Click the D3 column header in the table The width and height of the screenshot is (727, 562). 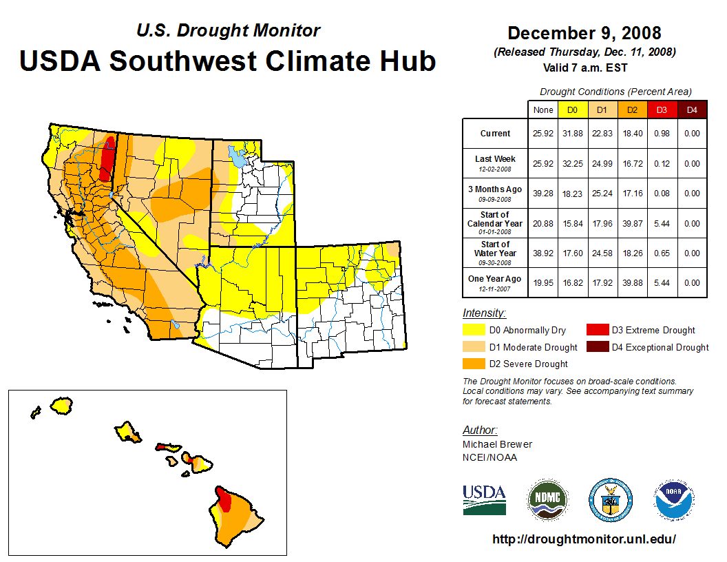coord(662,110)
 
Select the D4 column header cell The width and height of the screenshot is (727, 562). coord(692,110)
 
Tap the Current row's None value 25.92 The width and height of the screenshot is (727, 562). coord(542,134)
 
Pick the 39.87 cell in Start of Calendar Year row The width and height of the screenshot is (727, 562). coord(631,223)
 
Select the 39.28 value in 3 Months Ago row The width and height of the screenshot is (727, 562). coord(542,194)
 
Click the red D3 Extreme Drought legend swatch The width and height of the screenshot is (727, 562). coord(596,330)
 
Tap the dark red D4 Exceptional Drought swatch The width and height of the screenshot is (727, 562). coord(596,347)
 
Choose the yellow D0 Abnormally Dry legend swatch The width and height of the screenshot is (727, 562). coord(473,330)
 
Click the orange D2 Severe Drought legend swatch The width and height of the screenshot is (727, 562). coord(473,364)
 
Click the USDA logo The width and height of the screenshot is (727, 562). coord(484,499)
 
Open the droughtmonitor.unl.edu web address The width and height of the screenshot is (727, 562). coord(584,539)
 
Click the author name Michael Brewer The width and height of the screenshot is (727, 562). coord(497,444)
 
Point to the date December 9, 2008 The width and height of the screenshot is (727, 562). coord(584,33)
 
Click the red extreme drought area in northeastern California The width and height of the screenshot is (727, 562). coord(107,158)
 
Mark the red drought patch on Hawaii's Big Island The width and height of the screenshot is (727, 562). coord(224,500)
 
